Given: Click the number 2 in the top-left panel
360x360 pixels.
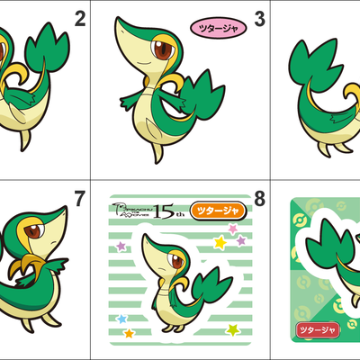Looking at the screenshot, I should click(80, 19).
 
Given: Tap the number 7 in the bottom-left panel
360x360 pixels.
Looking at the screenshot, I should click(80, 198).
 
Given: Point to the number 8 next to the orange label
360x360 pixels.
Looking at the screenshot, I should click(259, 198).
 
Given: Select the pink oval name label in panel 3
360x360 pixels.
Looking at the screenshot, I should click(216, 28).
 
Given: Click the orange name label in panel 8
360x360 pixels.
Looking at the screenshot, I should click(217, 210).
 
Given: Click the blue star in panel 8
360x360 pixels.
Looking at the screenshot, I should click(121, 319).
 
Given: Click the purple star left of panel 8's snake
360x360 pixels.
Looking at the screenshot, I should click(121, 245).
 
